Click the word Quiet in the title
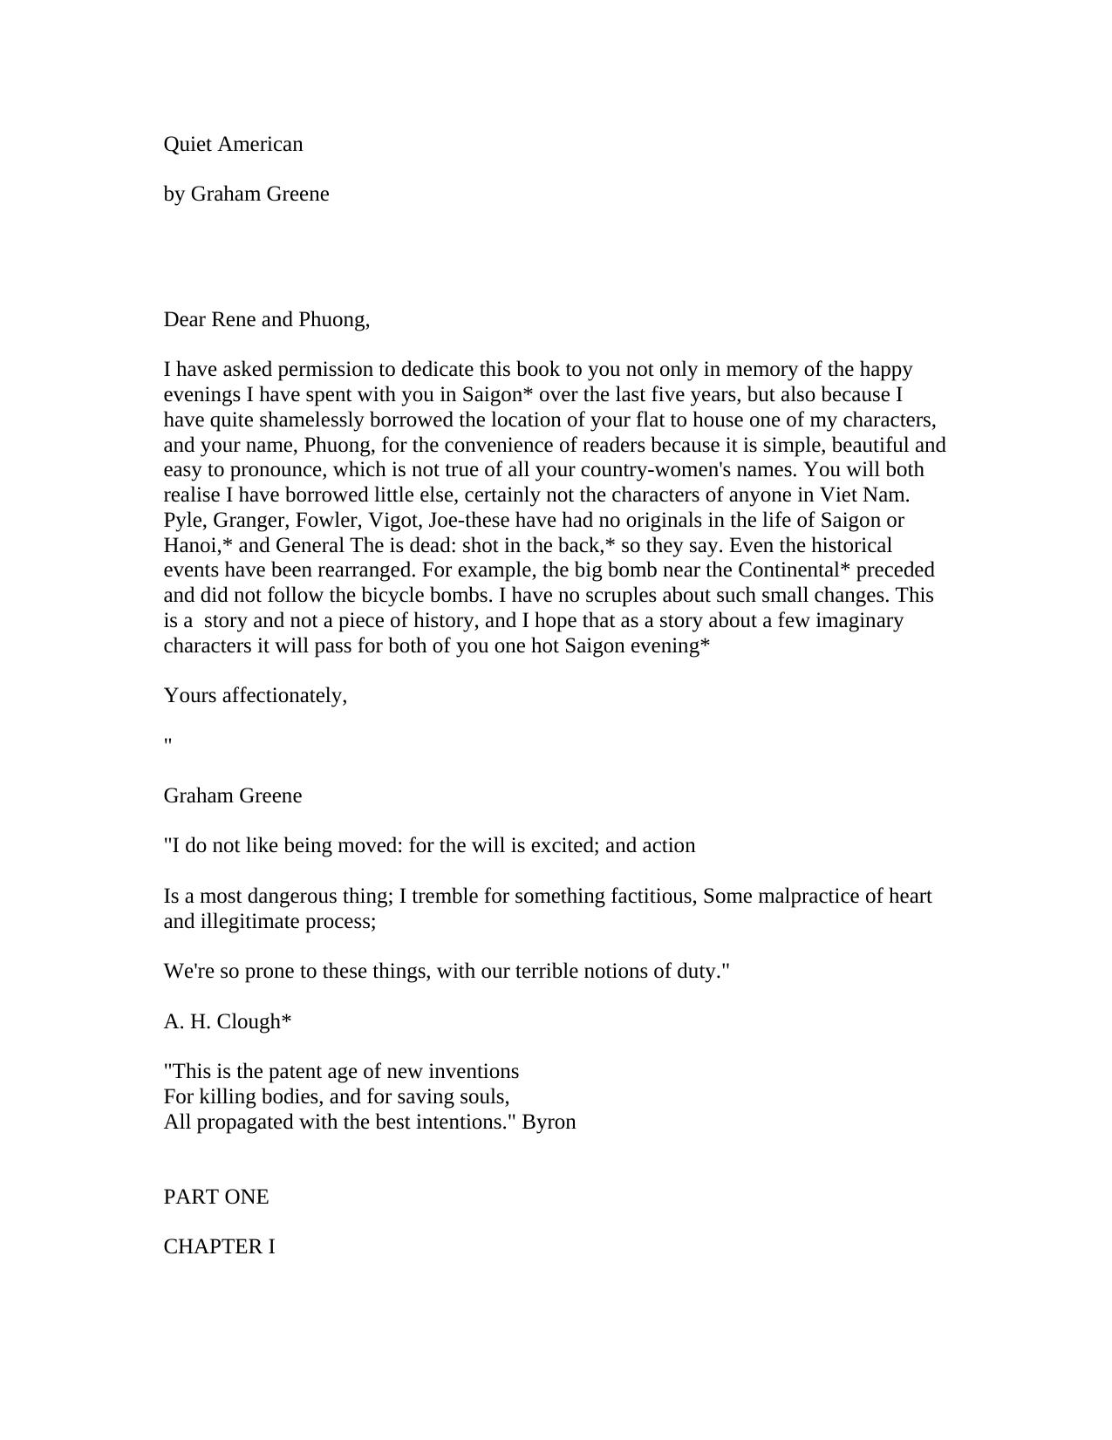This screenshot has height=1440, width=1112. (x=186, y=144)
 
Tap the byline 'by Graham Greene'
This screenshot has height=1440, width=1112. (x=246, y=194)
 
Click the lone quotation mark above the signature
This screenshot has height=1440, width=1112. (x=167, y=741)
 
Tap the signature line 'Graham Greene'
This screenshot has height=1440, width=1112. (x=233, y=795)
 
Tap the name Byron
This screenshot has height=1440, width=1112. (x=549, y=1122)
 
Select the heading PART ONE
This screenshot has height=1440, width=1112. (x=216, y=1197)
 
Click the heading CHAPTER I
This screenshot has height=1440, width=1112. (x=220, y=1246)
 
